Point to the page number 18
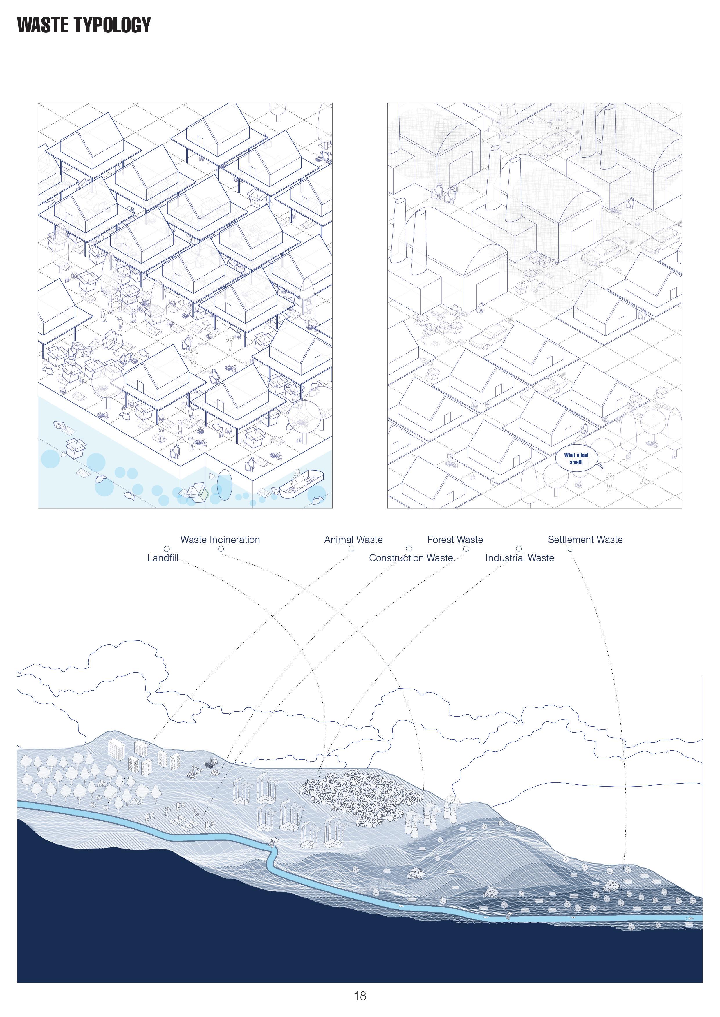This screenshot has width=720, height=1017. pos(360,996)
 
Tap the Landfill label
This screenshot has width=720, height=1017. pos(163,558)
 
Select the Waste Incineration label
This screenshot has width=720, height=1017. pos(220,540)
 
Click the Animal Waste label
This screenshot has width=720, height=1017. pos(353,540)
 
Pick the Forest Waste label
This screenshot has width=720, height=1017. pos(455,540)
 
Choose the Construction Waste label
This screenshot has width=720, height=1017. pos(411,558)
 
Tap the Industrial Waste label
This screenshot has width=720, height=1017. pos(519,558)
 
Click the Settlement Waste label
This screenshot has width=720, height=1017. pos(585,540)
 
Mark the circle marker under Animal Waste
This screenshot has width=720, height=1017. pos(351,549)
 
